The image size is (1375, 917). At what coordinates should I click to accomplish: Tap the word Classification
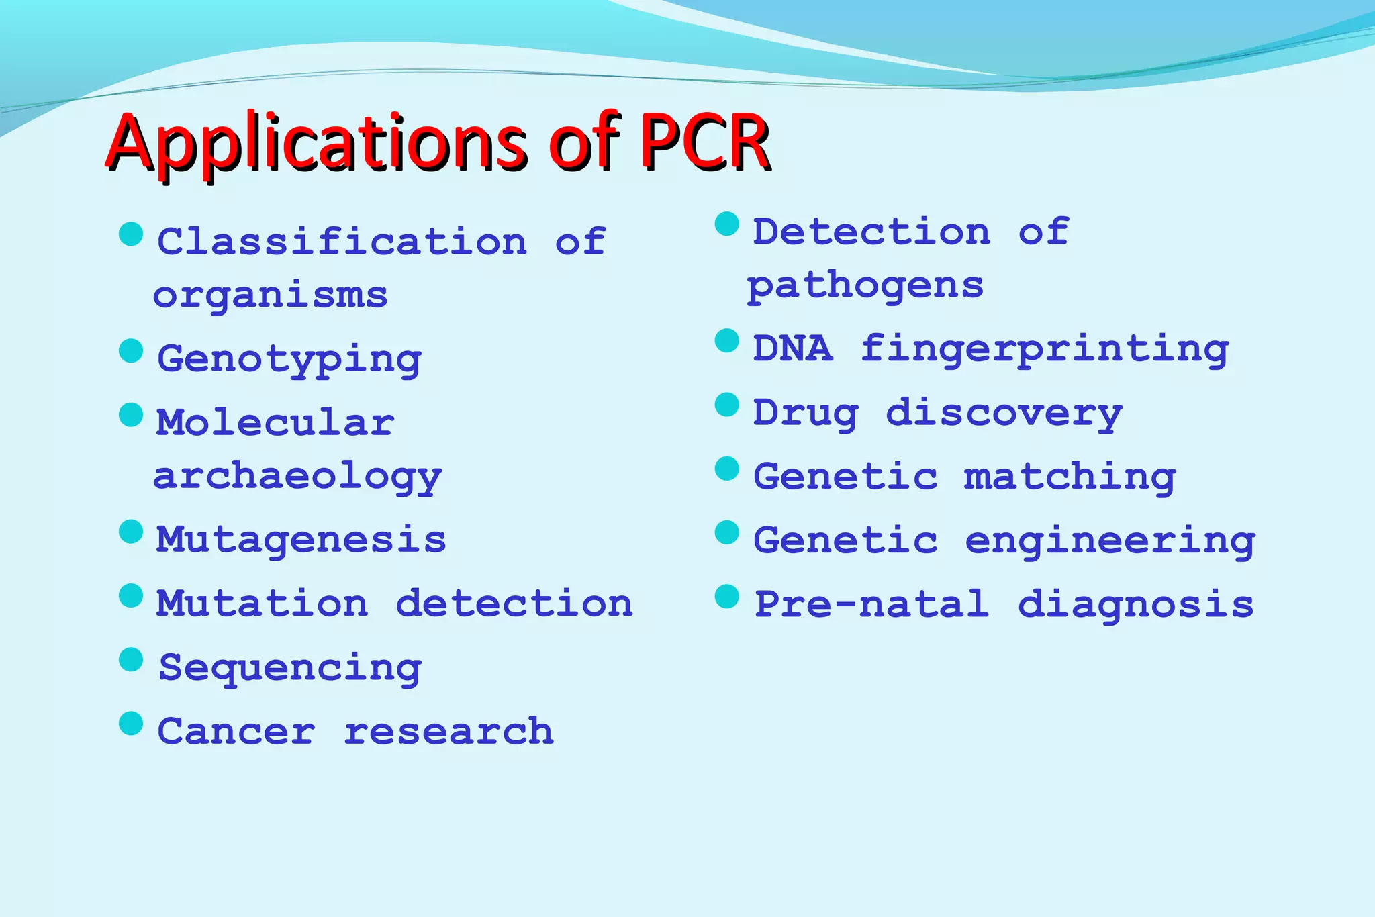coord(342,242)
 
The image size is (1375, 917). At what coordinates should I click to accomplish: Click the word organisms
coord(271,296)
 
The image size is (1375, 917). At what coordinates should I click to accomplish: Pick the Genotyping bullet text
coord(289,359)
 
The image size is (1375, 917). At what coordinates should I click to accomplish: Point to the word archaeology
coord(297,477)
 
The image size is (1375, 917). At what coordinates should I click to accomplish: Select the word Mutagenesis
coord(301,540)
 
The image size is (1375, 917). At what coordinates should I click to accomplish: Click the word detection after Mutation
coord(514,604)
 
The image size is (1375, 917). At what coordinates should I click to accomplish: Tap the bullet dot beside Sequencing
coord(131,660)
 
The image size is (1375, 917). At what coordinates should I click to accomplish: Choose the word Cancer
coord(236,731)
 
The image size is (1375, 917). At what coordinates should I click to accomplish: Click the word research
coord(448,731)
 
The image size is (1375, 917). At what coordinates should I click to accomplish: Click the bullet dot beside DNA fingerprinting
coord(727,341)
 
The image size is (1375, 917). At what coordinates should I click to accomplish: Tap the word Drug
coord(806,413)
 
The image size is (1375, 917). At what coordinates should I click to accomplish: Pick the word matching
coord(1070,477)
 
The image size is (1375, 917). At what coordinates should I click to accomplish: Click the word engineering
coord(1110,541)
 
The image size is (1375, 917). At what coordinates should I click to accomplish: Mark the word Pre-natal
coord(872,604)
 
